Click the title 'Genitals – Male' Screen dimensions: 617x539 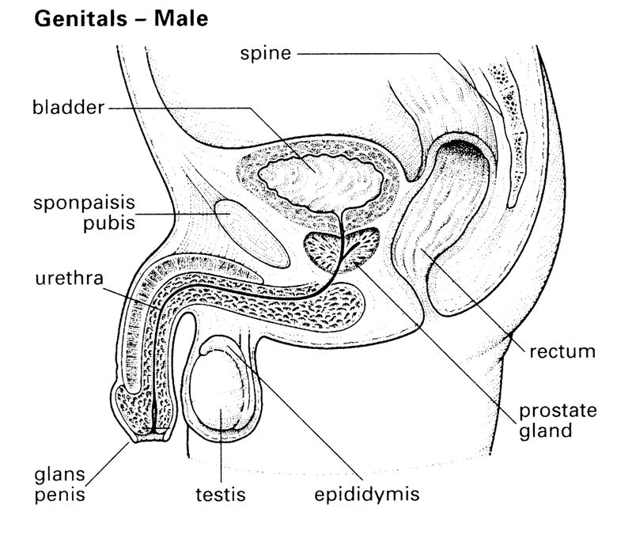(x=121, y=18)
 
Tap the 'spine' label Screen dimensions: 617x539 (x=266, y=54)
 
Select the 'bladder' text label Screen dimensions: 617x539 (x=69, y=108)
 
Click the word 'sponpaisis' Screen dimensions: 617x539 (x=84, y=203)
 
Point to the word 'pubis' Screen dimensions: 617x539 (x=109, y=223)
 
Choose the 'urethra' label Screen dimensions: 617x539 (x=70, y=278)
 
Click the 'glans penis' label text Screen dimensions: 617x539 (x=60, y=484)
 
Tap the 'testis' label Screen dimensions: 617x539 (x=221, y=494)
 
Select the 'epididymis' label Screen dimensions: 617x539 (x=367, y=495)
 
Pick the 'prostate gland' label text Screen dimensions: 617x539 (x=558, y=421)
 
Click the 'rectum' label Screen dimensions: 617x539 (x=562, y=351)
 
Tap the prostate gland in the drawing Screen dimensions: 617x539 (x=342, y=251)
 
